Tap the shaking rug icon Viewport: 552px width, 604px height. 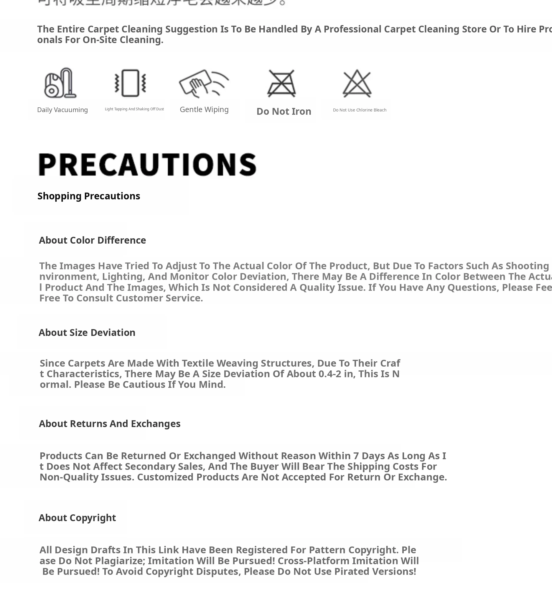click(x=131, y=83)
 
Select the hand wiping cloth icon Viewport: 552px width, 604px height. click(x=204, y=83)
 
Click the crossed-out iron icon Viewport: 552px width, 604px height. click(x=281, y=83)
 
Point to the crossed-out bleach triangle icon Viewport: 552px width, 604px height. click(x=357, y=83)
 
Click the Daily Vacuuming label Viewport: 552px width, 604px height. click(x=62, y=110)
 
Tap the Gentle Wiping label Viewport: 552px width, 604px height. click(x=204, y=109)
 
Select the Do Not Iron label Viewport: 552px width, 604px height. click(x=284, y=111)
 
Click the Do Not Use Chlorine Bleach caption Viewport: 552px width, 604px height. click(x=360, y=110)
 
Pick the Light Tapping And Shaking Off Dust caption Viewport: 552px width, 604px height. click(x=134, y=109)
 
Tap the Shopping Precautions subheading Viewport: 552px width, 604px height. click(x=89, y=196)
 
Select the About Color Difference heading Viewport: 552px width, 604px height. click(x=92, y=240)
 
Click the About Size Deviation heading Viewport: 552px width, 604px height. click(x=87, y=333)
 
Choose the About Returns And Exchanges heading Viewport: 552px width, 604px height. click(x=110, y=424)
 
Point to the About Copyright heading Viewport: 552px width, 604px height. click(x=77, y=518)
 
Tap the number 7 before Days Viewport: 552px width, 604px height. click(x=356, y=456)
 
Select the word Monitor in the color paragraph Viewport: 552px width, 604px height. click(x=188, y=276)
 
